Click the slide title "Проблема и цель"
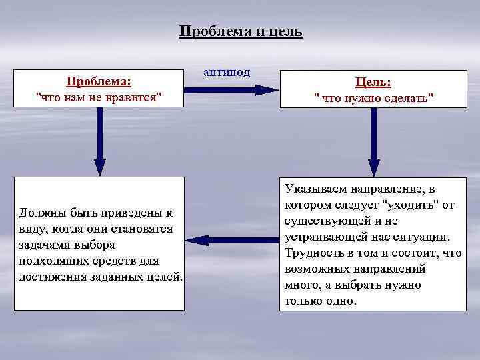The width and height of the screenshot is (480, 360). pos(241,31)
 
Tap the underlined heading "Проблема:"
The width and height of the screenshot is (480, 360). pos(99,81)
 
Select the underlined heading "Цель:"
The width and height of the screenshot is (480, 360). pos(373,82)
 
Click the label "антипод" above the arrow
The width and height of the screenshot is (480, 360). pos(227,72)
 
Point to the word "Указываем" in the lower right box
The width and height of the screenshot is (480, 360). pos(313,189)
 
